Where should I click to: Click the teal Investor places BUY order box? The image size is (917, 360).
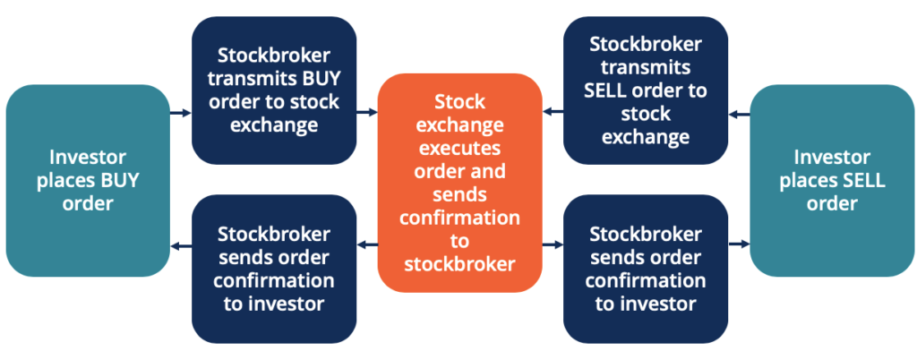[x=87, y=180]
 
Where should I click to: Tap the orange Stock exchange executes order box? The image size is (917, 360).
[x=459, y=183]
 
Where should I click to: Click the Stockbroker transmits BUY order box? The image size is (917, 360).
[x=274, y=90]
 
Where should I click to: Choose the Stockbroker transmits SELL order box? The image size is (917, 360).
[x=645, y=90]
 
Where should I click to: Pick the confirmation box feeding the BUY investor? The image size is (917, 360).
[x=274, y=268]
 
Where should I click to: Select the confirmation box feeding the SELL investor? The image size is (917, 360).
[x=645, y=268]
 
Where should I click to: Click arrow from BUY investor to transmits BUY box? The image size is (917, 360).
[x=180, y=113]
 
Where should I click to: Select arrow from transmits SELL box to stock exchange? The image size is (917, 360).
[x=553, y=113]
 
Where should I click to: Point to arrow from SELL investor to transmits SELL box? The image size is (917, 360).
[x=739, y=114]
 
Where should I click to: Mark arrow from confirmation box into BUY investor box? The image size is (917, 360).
[x=180, y=243]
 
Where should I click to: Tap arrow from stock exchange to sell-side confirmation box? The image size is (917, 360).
[x=553, y=243]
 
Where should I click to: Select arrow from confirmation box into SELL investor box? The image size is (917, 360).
[x=739, y=243]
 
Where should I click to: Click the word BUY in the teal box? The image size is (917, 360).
[x=122, y=180]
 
